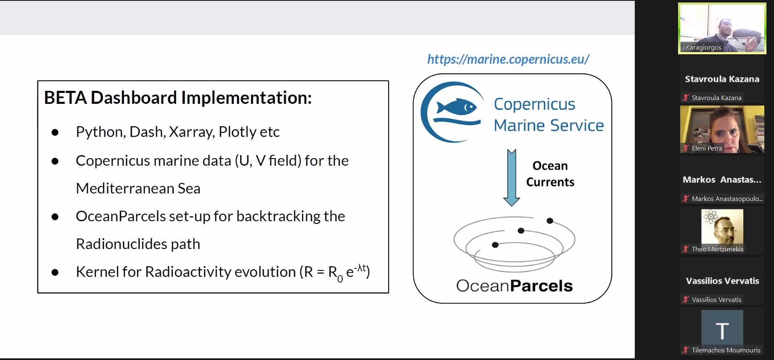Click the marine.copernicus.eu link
click(x=508, y=59)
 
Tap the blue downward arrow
click(x=512, y=177)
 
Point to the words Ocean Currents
click(x=550, y=174)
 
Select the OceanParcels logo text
click(x=514, y=286)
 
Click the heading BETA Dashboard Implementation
click(x=178, y=98)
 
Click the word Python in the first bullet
click(x=99, y=132)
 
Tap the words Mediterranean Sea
click(x=138, y=188)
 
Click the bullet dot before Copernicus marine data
click(x=55, y=161)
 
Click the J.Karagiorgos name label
click(x=701, y=48)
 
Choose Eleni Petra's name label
click(x=707, y=148)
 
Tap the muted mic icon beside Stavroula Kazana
click(x=686, y=98)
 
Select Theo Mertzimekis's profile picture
click(x=722, y=227)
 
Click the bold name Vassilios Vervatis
click(x=722, y=281)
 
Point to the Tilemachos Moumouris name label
click(x=726, y=350)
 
